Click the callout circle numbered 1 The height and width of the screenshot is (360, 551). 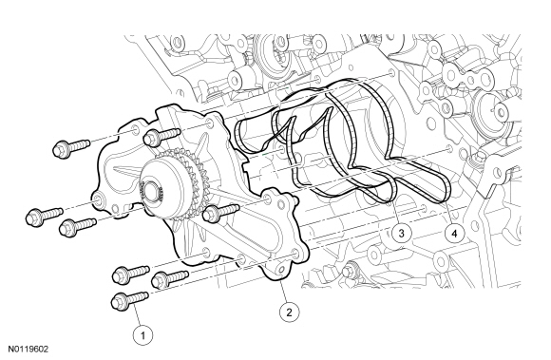pyautogui.click(x=143, y=335)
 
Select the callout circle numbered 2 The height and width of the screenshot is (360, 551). pyautogui.click(x=289, y=312)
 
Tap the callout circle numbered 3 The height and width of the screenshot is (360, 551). pyautogui.click(x=402, y=233)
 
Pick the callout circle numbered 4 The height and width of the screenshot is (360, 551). pyautogui.click(x=454, y=233)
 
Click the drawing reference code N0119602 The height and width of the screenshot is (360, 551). pyautogui.click(x=28, y=350)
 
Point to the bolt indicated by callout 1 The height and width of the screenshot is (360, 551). pyautogui.click(x=129, y=299)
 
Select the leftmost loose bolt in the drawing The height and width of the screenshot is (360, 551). pyautogui.click(x=44, y=216)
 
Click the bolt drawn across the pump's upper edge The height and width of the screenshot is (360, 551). pyautogui.click(x=162, y=136)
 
